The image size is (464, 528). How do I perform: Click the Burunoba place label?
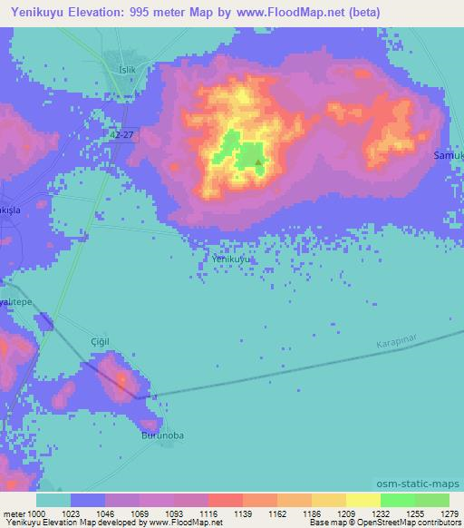(x=162, y=435)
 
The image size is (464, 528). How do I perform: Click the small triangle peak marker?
(x=258, y=164)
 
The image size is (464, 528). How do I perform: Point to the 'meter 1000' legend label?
(x=23, y=513)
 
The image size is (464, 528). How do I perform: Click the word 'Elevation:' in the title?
(x=106, y=12)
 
